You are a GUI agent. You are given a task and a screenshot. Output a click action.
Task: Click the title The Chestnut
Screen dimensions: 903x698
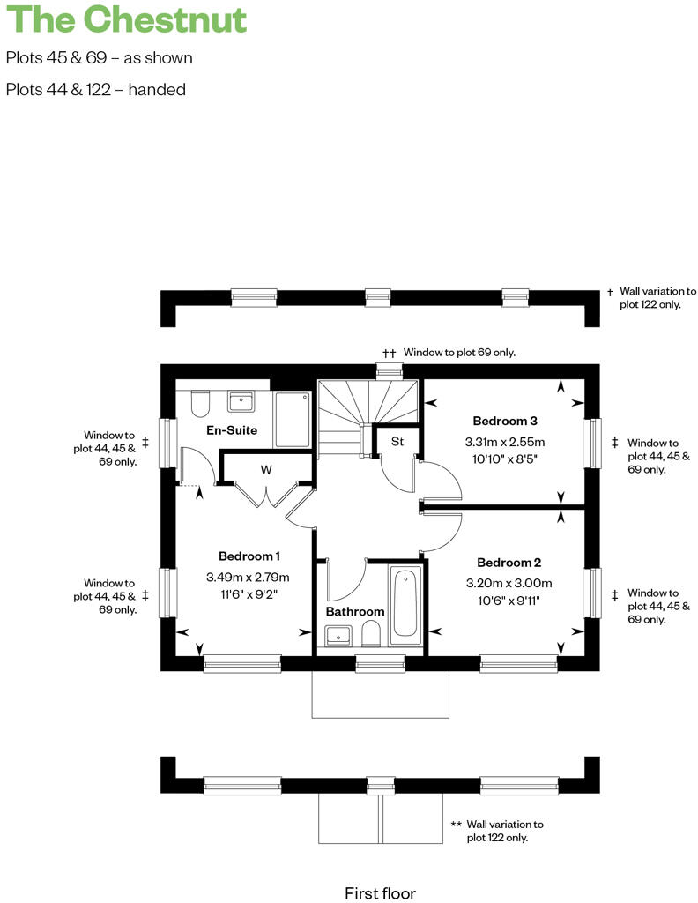(126, 20)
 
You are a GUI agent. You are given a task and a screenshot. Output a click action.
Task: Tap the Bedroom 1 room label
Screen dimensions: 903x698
(249, 556)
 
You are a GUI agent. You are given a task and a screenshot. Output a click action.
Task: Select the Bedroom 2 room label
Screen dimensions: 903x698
(509, 563)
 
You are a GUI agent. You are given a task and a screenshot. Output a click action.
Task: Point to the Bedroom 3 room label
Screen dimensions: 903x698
(505, 421)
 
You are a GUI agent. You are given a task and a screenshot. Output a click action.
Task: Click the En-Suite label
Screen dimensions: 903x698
(232, 430)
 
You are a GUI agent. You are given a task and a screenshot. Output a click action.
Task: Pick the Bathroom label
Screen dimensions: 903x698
(355, 611)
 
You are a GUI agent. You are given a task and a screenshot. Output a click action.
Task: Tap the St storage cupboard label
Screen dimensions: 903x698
(397, 442)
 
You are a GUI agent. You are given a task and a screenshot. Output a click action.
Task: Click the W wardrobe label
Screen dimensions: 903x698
(265, 470)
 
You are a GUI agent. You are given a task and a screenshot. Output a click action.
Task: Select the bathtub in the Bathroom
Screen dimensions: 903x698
(406, 603)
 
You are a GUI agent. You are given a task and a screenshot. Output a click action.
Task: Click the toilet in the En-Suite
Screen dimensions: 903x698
(199, 405)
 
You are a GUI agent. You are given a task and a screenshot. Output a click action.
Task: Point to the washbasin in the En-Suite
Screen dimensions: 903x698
(241, 402)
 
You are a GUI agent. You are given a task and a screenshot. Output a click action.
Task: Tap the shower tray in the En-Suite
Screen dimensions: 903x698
(293, 419)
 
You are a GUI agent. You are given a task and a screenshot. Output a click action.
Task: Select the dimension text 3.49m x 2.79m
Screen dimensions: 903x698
(249, 578)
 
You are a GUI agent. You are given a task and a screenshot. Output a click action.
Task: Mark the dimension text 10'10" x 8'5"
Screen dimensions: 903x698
(505, 459)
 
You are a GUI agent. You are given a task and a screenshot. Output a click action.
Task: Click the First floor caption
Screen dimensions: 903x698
(380, 893)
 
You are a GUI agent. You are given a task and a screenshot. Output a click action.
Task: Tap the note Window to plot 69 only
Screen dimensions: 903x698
(459, 352)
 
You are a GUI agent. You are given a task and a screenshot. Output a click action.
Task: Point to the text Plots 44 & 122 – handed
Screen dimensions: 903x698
(95, 89)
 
